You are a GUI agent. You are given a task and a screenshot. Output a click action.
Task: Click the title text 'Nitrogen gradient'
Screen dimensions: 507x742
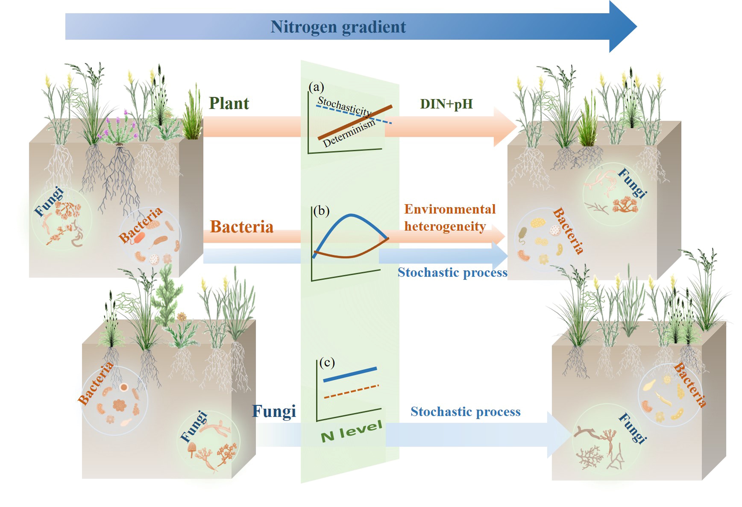tap(338, 27)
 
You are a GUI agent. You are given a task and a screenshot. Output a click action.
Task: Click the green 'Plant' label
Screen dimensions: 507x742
tap(229, 103)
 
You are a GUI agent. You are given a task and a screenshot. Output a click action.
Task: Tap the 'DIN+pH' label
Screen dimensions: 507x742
tap(446, 104)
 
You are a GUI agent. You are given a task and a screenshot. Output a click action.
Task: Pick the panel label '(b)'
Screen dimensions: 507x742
tap(321, 211)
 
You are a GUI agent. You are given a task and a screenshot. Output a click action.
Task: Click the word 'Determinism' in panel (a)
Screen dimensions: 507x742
tap(349, 133)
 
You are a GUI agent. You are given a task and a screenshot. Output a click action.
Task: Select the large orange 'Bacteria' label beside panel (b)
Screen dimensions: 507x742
tap(242, 227)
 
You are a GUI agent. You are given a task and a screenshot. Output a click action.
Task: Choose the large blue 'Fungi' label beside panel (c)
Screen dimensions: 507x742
tap(274, 411)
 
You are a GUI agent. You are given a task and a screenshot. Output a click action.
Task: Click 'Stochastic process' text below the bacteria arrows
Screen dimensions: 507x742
tap(452, 272)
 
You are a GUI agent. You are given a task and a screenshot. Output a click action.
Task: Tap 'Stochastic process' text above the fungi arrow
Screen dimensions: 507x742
tap(465, 412)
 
